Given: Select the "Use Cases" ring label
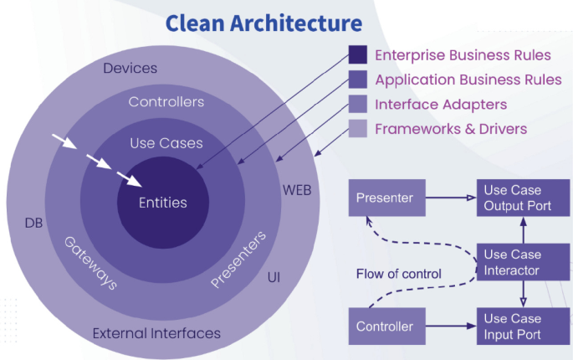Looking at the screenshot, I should (x=166, y=143).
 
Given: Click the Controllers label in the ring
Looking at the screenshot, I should (x=166, y=102).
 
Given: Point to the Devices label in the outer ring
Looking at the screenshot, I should (x=130, y=68).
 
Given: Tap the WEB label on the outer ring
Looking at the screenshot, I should (x=296, y=190).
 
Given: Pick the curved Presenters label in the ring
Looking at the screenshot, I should (x=238, y=260).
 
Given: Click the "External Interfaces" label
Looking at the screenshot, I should (x=156, y=333).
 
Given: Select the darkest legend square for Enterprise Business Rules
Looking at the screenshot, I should (x=357, y=55).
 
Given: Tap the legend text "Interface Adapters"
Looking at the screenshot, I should (x=440, y=105).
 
